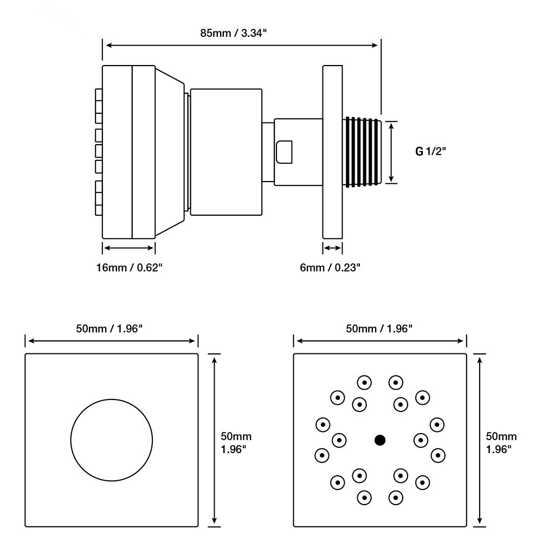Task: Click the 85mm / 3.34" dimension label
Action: tap(234, 33)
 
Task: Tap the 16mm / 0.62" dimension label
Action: tap(130, 267)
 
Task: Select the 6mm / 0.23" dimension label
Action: tap(330, 267)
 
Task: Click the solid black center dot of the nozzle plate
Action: tap(380, 440)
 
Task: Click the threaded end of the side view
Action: tap(362, 152)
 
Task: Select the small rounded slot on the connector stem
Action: tap(284, 152)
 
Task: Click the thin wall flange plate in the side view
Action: tap(333, 152)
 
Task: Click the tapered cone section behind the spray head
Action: tap(170, 152)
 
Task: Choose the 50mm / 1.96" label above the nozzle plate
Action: tap(379, 328)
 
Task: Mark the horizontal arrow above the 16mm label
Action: tap(129, 248)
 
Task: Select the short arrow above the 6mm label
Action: tap(333, 248)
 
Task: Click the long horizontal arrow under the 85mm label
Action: tap(242, 46)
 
